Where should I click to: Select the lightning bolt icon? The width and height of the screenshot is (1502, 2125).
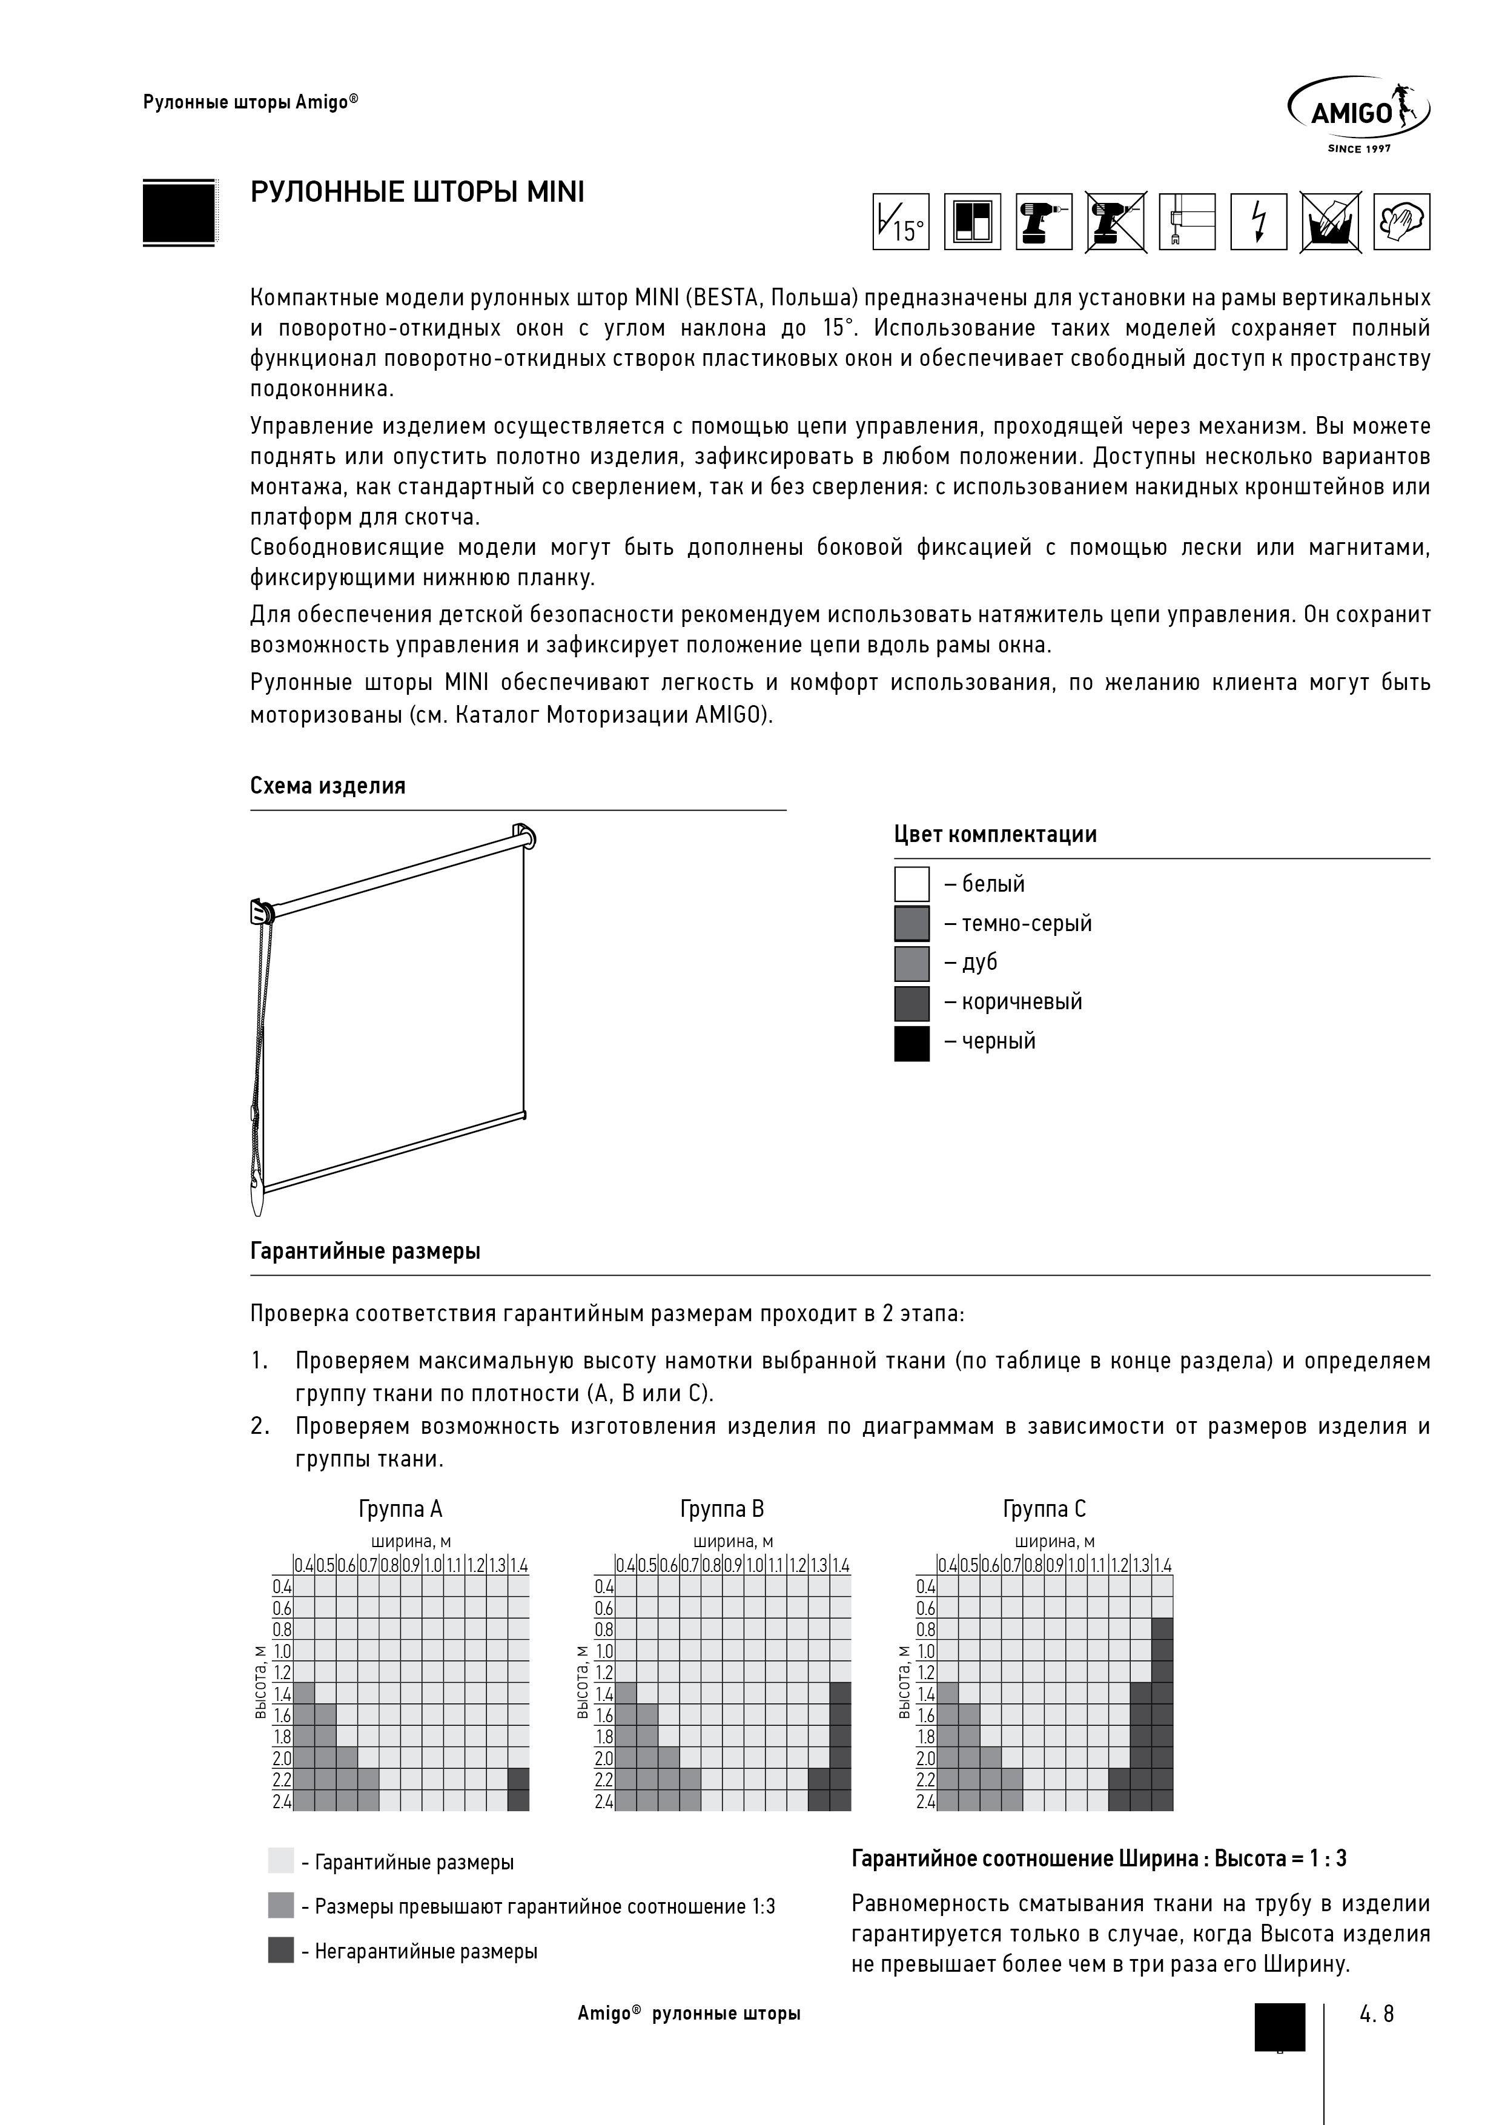point(1258,221)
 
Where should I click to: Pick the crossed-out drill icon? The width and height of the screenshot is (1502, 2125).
point(1115,221)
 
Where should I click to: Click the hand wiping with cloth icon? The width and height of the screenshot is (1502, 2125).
point(1401,221)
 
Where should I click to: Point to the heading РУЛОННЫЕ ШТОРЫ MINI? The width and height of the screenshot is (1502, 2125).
point(417,193)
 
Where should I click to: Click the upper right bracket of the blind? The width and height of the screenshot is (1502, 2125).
point(524,836)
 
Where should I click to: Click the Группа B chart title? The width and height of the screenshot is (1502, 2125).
point(722,1510)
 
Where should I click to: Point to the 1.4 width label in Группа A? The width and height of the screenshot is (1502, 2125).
point(518,1566)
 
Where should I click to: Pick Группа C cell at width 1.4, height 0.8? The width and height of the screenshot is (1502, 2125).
point(1162,1630)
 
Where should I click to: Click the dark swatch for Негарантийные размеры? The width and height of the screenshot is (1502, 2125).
point(280,1951)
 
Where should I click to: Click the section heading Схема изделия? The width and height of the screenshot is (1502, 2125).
point(328,786)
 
